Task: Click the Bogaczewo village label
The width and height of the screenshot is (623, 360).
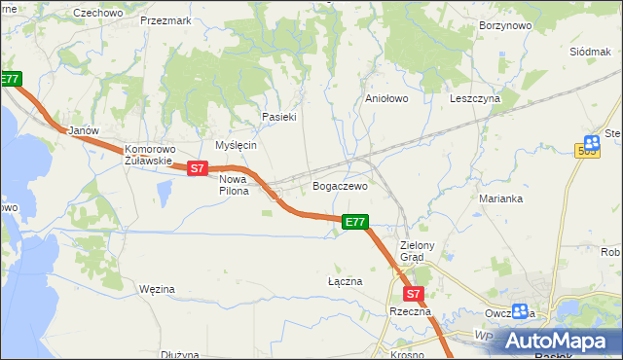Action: pos(339,186)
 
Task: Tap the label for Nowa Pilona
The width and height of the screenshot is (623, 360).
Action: pos(234,185)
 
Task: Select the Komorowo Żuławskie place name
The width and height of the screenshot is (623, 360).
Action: pos(148,156)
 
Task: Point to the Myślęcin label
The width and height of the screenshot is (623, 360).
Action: pos(236,145)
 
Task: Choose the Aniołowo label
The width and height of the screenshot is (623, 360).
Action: pos(385,99)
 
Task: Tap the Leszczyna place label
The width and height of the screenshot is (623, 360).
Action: pos(475,99)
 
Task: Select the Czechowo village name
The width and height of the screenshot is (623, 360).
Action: pos(98,13)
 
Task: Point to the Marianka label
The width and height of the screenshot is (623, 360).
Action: pos(501,198)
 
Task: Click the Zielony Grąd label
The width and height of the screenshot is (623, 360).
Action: pos(421,251)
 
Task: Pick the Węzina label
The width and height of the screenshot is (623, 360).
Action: pos(157,289)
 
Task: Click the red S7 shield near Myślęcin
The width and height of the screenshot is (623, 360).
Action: pos(198,168)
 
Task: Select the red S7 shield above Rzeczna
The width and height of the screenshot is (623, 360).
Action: pos(413,294)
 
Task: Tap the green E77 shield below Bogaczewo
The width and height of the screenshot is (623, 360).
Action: pos(355,223)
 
